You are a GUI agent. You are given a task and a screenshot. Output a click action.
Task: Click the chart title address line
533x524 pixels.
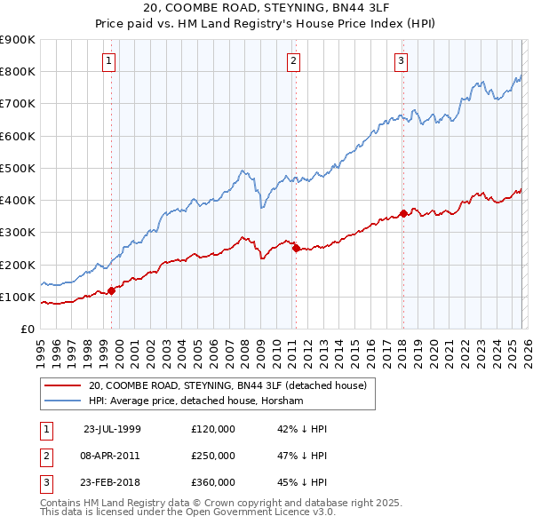point(266,9)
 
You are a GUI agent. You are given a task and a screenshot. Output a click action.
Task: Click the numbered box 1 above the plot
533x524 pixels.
point(108,61)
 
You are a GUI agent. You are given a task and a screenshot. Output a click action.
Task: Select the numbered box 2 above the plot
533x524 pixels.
point(293,61)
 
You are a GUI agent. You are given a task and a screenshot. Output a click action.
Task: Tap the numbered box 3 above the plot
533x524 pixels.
point(401,61)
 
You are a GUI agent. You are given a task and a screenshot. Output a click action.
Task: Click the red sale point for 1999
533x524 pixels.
point(112,290)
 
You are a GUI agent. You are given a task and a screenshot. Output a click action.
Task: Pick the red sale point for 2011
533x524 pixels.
point(296,249)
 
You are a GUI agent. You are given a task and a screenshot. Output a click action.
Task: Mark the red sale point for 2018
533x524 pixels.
point(403,213)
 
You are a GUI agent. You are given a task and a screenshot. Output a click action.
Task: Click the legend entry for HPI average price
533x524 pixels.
point(195,401)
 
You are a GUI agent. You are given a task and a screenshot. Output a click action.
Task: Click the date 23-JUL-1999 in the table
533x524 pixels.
point(112,428)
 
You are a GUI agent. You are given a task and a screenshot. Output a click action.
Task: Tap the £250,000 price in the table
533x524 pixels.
point(213,456)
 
